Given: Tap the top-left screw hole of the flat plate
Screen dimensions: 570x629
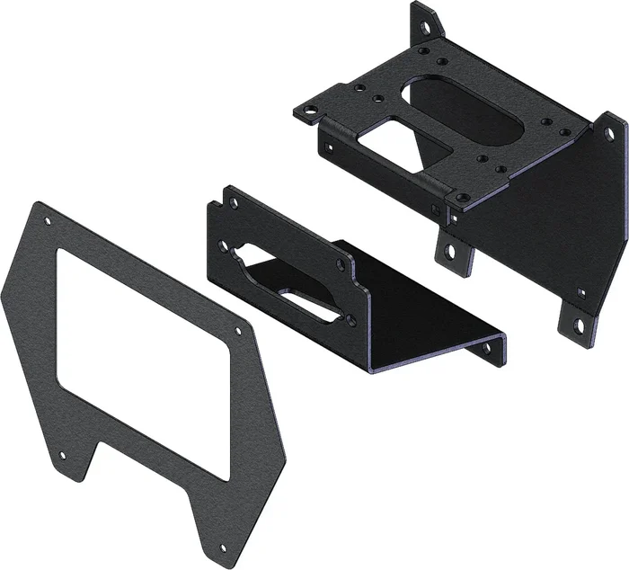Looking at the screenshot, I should (x=48, y=221).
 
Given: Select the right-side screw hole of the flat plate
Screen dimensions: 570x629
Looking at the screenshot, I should (x=237, y=332).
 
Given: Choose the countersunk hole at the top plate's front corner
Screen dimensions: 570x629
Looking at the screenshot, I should (x=460, y=197).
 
